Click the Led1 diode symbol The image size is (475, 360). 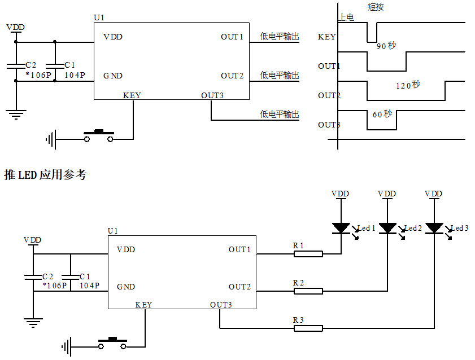point(341,228)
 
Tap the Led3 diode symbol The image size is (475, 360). point(434,228)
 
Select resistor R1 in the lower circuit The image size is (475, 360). point(308,254)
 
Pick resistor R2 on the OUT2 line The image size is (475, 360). point(308,291)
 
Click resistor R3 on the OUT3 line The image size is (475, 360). point(308,328)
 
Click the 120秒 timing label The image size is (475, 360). point(408,85)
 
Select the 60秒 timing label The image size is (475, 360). point(382,115)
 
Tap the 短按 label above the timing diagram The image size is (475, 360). point(376,7)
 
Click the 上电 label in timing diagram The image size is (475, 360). point(346,18)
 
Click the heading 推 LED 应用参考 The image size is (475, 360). point(45,175)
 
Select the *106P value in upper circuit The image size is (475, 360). point(38,74)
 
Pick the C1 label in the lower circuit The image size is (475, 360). point(85,276)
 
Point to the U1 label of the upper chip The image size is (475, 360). point(99,18)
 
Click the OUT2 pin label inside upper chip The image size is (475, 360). point(232,76)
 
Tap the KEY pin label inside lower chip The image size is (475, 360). point(143,305)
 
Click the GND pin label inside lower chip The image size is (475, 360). point(126,287)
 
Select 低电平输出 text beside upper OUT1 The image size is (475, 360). point(280,37)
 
